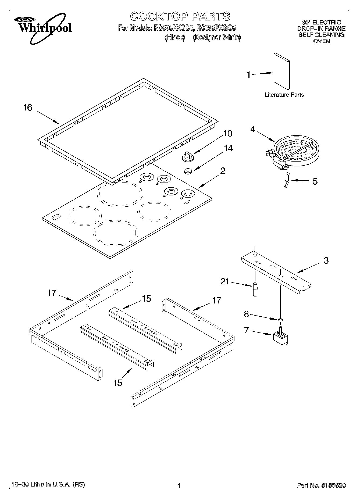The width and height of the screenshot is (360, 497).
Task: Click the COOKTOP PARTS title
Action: click(x=180, y=16)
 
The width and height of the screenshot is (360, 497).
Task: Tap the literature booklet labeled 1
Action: click(x=281, y=71)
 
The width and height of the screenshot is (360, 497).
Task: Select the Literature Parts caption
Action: click(x=284, y=95)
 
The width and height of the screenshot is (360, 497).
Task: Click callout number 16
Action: click(x=27, y=108)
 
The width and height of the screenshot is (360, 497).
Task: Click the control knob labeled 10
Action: click(x=187, y=156)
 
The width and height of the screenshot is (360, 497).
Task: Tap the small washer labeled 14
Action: click(x=187, y=171)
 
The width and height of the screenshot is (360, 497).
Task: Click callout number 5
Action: click(x=315, y=181)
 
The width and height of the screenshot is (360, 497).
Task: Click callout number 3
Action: click(x=326, y=260)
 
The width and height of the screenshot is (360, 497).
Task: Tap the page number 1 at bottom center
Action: click(x=179, y=485)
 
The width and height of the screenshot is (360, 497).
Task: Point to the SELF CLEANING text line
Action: click(x=321, y=35)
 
